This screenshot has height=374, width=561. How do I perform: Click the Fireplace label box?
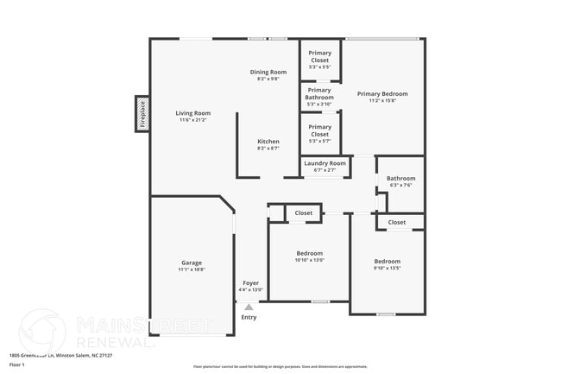coord(142,114)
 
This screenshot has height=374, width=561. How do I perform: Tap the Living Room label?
coord(193,113)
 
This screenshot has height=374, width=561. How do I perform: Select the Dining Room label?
coord(268,72)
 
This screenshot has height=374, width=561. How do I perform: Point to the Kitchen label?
coord(268,142)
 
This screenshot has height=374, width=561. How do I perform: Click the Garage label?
coord(192,263)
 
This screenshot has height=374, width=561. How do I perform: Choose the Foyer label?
coord(250,283)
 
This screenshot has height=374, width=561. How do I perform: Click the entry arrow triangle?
coord(249,306)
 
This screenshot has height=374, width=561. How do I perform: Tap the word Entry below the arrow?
coord(249,317)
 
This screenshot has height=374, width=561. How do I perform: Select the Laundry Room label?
coord(325,163)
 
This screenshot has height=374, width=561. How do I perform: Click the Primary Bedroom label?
coord(382,93)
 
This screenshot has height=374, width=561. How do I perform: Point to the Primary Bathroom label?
coord(319,93)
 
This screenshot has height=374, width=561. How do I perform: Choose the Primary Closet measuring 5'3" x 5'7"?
coord(319,130)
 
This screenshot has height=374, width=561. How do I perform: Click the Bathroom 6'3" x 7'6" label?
coord(401,179)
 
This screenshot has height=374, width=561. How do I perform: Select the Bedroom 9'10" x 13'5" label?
coord(387,261)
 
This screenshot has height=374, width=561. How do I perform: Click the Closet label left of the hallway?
coord(304,212)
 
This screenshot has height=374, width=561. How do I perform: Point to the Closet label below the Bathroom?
coord(397,222)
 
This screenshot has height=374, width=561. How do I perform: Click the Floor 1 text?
coord(17,365)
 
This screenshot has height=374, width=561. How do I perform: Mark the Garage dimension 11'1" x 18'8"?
coord(192,270)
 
